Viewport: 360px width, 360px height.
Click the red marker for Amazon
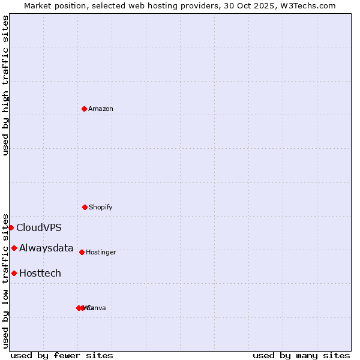(84, 109)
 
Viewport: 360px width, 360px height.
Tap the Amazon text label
(100, 109)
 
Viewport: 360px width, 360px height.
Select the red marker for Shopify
(85, 207)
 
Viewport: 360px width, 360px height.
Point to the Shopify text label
(100, 207)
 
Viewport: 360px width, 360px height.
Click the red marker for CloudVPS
(11, 227)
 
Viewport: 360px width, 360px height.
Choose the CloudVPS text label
(38, 227)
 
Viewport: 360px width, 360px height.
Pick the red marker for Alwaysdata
(14, 248)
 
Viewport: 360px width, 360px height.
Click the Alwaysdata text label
(46, 248)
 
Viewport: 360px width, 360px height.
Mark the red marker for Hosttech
(14, 273)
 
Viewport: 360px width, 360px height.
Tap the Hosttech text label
(40, 273)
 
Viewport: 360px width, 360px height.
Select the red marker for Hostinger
(82, 252)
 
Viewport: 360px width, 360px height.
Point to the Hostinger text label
(101, 252)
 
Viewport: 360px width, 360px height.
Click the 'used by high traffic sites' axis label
(5, 85)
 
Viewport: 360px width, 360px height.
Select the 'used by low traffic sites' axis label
(5, 280)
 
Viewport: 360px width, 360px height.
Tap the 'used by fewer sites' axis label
(62, 355)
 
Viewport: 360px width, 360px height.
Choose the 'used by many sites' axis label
(301, 355)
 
